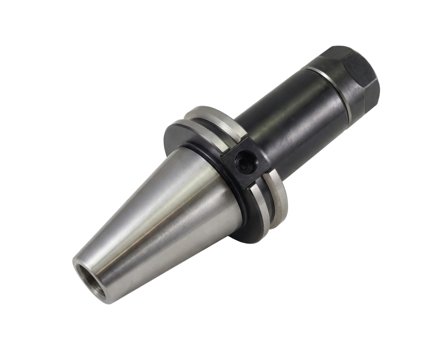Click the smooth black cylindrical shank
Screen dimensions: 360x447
pos(286,116)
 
